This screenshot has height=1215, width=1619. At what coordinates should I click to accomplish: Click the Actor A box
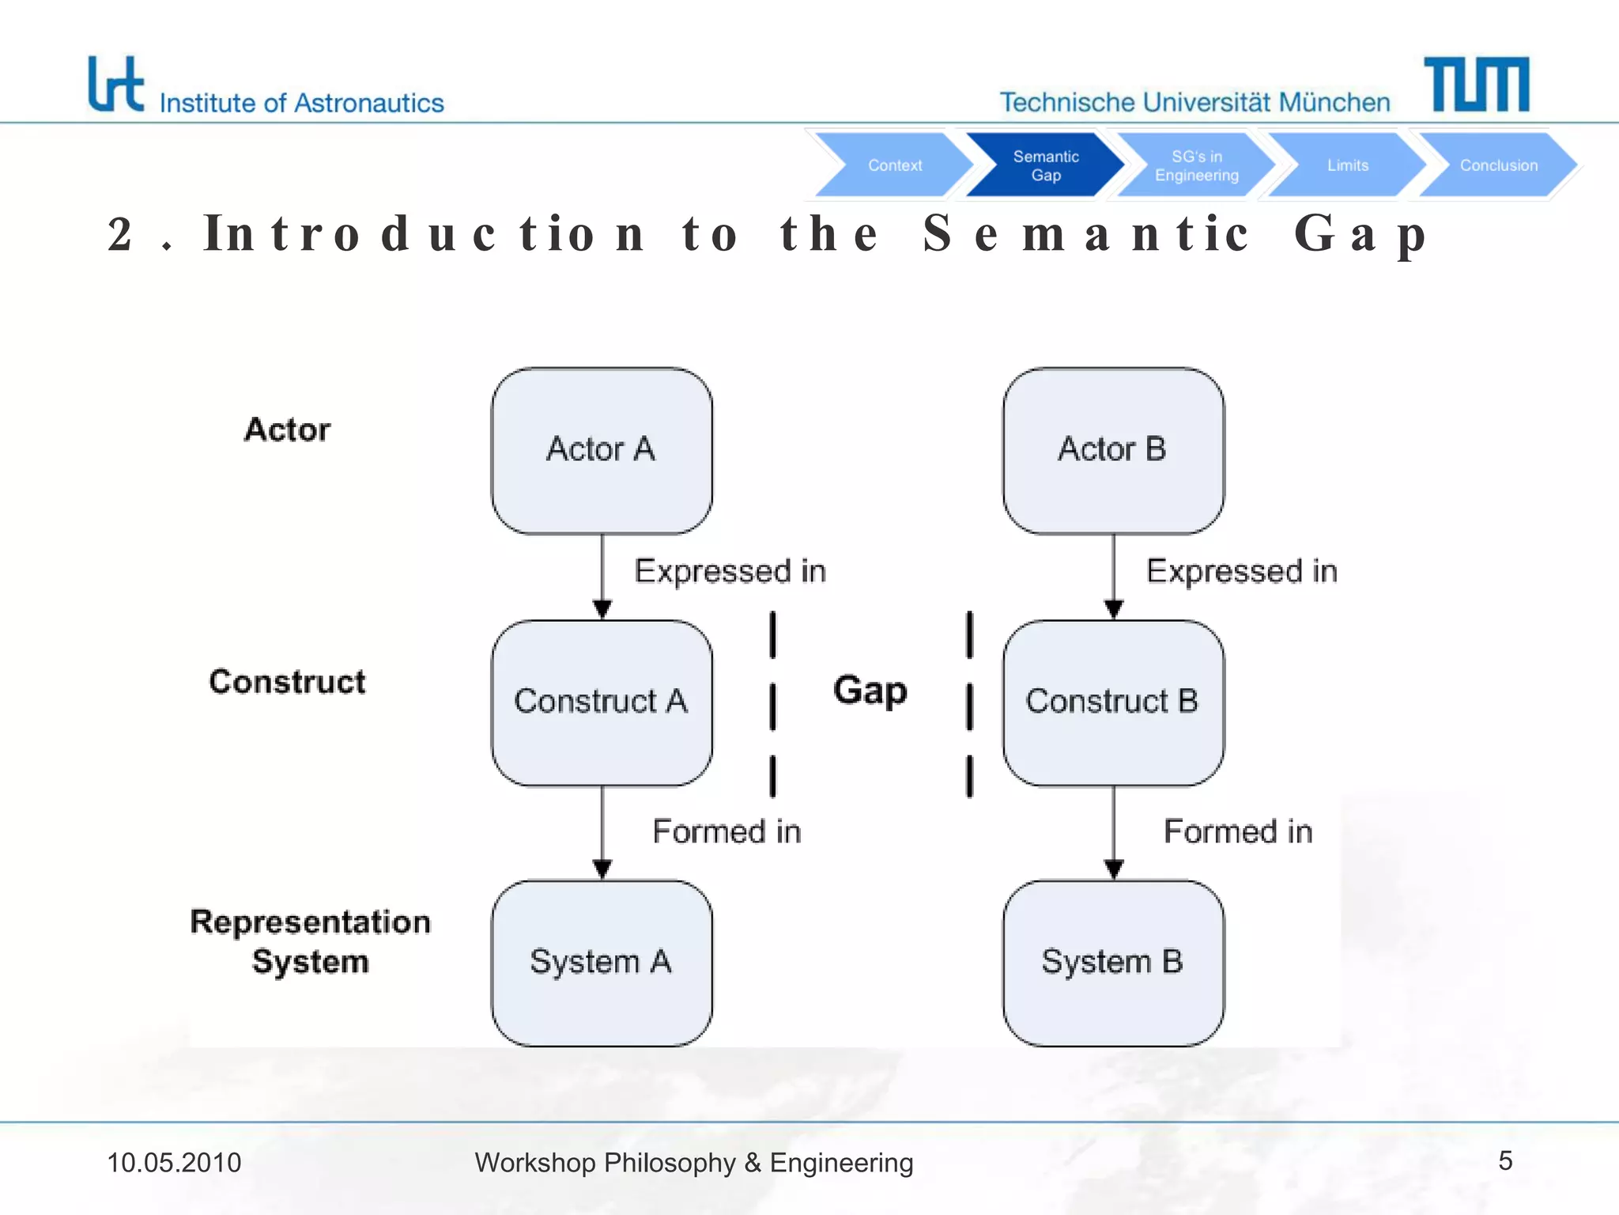click(x=602, y=450)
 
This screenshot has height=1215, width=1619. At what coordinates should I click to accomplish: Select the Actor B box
click(x=1113, y=450)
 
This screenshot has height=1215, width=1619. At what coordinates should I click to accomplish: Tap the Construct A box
click(x=602, y=702)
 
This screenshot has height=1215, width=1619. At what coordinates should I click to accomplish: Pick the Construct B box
click(x=1113, y=702)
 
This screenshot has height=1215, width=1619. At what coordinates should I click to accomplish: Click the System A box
click(x=602, y=963)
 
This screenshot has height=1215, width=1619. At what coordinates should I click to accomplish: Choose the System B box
click(x=1113, y=963)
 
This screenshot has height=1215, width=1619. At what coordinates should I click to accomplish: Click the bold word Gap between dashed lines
click(x=870, y=690)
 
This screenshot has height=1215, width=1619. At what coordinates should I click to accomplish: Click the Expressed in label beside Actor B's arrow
click(x=1241, y=571)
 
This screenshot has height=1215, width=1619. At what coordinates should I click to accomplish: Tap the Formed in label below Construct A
click(x=726, y=831)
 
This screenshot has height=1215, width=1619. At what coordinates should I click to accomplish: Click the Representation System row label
click(x=311, y=941)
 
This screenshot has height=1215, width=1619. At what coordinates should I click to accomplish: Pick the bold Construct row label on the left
click(x=287, y=682)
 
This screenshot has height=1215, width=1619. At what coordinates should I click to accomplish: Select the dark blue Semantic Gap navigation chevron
click(x=1045, y=165)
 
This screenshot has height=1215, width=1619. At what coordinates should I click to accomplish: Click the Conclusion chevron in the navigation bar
click(x=1498, y=165)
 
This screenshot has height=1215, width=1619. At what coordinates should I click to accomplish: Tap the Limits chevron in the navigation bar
click(x=1347, y=165)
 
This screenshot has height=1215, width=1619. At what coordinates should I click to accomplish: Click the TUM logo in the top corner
click(x=1476, y=84)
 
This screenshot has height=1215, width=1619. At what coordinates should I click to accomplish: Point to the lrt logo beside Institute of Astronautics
click(x=115, y=84)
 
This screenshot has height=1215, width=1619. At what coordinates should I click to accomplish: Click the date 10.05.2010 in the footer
click(x=174, y=1163)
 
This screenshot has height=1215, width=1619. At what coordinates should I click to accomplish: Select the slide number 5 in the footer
click(x=1505, y=1160)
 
